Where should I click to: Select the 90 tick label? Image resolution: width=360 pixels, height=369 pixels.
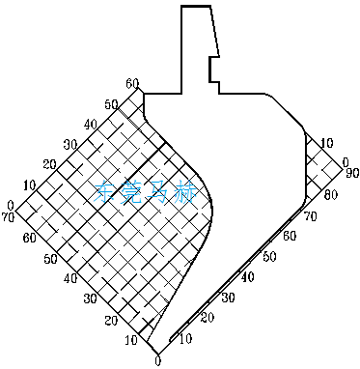click(352, 174)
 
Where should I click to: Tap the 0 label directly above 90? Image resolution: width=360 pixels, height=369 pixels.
click(345, 162)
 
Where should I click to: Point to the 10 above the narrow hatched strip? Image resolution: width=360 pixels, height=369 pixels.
click(327, 142)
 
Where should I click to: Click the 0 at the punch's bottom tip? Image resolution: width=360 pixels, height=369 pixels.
click(156, 361)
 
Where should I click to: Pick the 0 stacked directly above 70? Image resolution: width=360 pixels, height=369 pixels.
click(10, 206)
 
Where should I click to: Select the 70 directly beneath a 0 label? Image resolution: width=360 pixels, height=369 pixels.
click(10, 218)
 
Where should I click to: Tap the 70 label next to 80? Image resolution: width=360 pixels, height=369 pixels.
click(311, 218)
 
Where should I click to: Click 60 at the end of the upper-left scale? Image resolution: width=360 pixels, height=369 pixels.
click(132, 83)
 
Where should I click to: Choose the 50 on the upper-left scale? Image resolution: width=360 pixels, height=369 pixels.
click(111, 103)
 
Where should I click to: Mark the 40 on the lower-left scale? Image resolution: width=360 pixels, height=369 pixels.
click(69, 279)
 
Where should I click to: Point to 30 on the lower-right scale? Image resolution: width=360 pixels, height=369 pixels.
click(227, 297)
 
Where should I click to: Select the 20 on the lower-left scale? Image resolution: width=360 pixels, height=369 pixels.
click(111, 321)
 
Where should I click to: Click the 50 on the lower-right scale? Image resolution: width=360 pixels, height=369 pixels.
click(268, 257)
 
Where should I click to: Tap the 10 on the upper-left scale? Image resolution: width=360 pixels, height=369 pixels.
click(29, 184)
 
